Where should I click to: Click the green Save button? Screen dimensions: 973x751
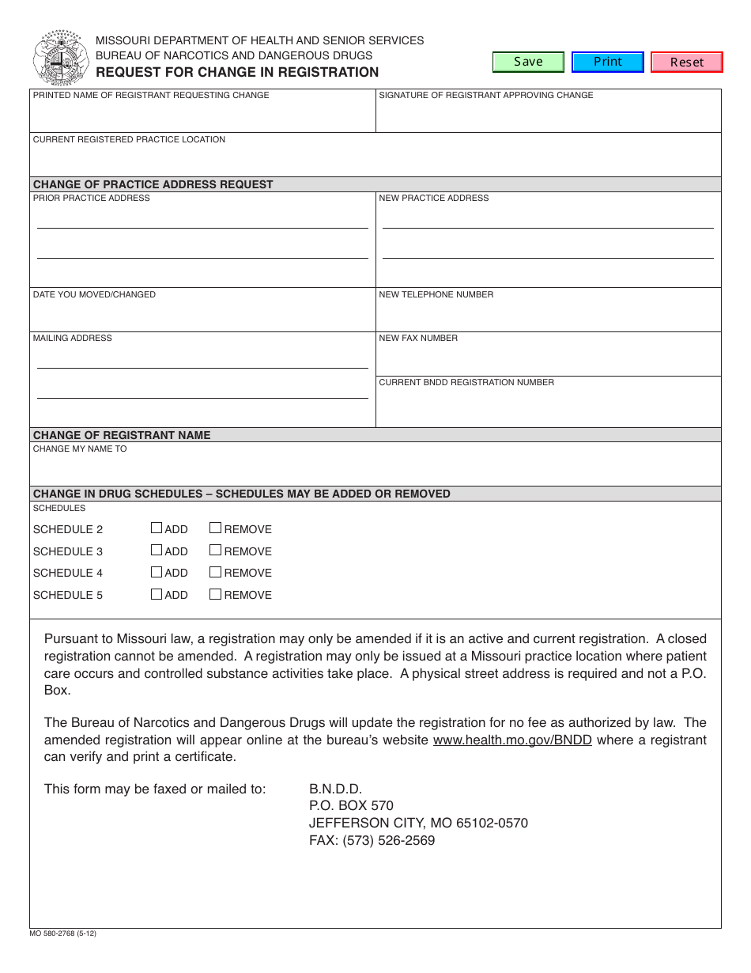[528, 62]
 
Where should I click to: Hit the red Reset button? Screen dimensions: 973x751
[686, 62]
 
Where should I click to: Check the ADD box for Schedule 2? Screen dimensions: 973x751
[157, 528]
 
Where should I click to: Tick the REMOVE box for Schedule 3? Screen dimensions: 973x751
[215, 551]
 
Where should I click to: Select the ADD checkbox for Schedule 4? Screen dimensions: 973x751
[157, 572]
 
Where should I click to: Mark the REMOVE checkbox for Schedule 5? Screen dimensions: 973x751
[215, 594]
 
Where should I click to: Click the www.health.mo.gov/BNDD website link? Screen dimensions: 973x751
[512, 740]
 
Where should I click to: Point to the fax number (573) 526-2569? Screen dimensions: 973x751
[372, 840]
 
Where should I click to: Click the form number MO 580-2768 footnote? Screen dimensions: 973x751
[63, 933]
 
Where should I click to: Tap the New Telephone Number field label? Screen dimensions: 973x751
[436, 294]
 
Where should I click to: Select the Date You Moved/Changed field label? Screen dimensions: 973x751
[94, 294]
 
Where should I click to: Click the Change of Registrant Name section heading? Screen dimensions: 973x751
[122, 435]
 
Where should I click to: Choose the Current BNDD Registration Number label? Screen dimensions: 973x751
[466, 382]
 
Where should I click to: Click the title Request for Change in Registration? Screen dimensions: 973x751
[237, 72]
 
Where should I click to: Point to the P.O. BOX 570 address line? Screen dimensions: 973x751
[351, 806]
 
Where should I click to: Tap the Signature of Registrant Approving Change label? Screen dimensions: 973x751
[485, 95]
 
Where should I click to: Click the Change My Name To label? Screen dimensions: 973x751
[80, 449]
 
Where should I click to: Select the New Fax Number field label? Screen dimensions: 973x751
[418, 338]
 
